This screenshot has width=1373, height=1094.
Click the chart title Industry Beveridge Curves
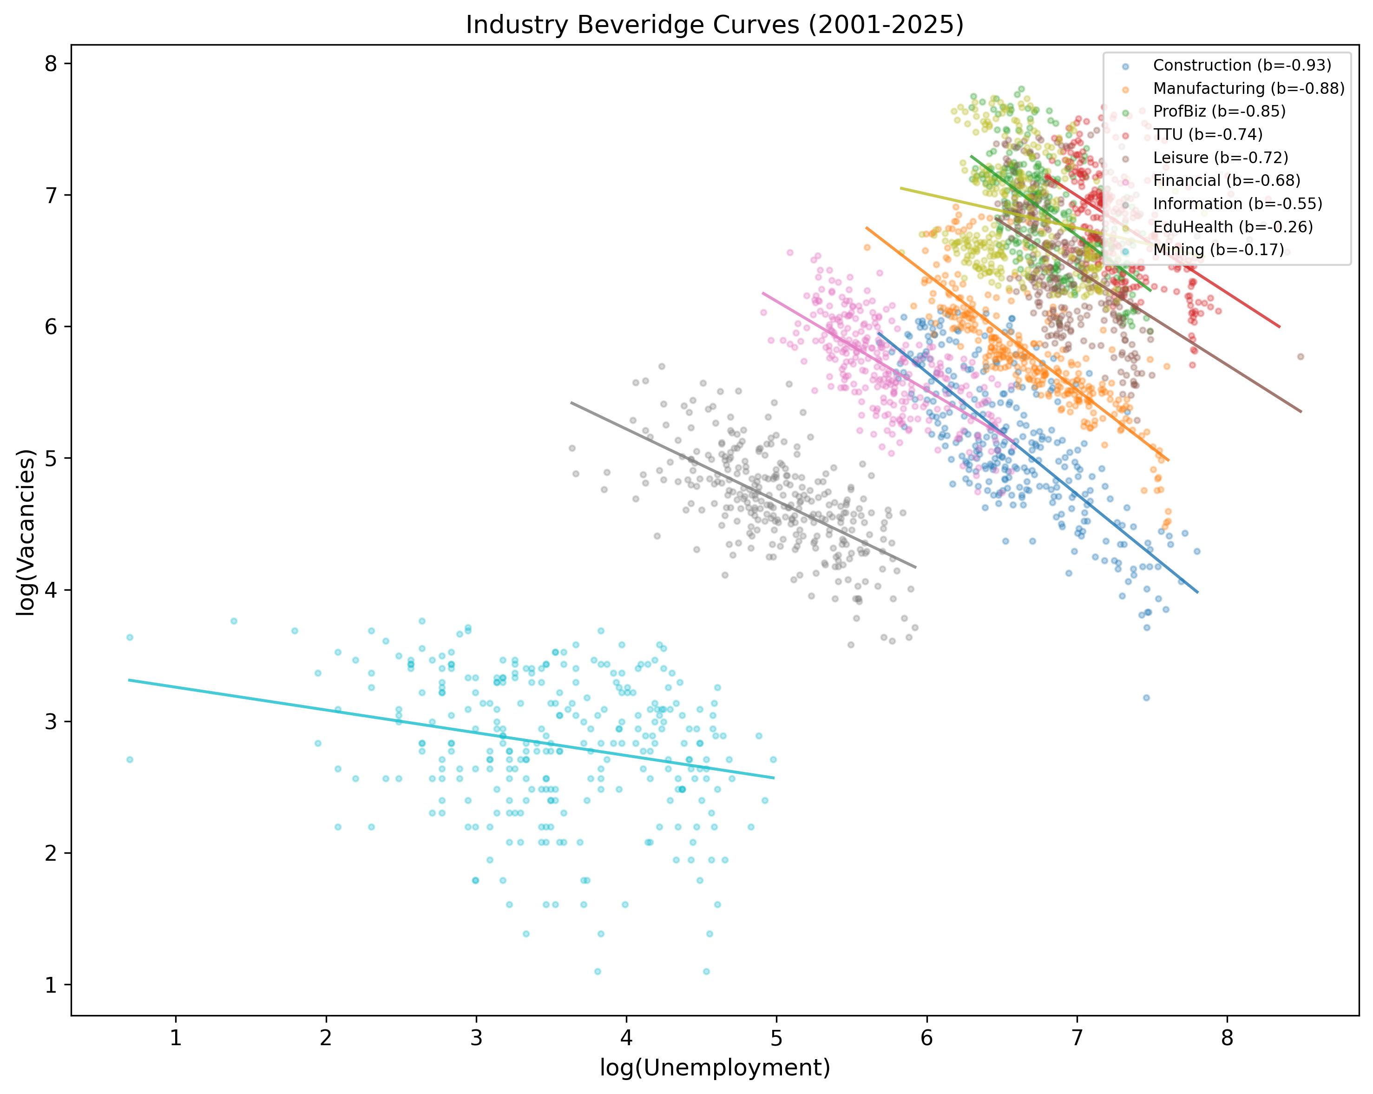coord(715,25)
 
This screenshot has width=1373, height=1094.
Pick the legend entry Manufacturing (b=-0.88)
coord(1248,88)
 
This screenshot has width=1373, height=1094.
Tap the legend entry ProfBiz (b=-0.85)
coord(1219,111)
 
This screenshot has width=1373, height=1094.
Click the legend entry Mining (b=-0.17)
coord(1218,249)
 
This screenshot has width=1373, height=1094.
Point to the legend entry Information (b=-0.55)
coord(1237,203)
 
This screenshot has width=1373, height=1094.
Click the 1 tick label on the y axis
coord(51,985)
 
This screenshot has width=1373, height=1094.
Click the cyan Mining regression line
coord(446,729)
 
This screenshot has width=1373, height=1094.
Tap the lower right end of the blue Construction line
coord(1196,592)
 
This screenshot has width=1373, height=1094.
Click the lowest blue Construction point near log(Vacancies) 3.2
coord(1146,697)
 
